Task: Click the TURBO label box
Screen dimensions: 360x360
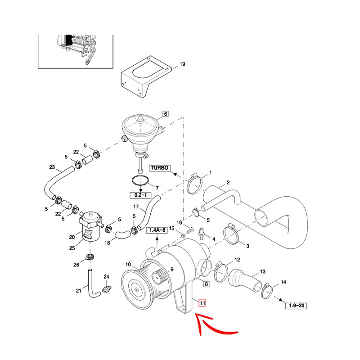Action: [x=159, y=168]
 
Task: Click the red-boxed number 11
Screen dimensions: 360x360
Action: [x=202, y=303]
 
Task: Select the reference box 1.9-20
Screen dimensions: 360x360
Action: [x=296, y=306]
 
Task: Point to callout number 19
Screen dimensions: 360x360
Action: [x=182, y=64]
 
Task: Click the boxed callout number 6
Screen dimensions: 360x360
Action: [x=165, y=114]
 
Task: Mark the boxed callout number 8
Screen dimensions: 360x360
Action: [x=206, y=284]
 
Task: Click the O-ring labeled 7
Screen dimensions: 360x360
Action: [x=140, y=181]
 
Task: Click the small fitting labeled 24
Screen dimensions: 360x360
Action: [x=107, y=288]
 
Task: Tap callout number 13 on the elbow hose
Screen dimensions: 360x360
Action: [x=263, y=271]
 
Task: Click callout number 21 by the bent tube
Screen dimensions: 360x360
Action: [x=78, y=291]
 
